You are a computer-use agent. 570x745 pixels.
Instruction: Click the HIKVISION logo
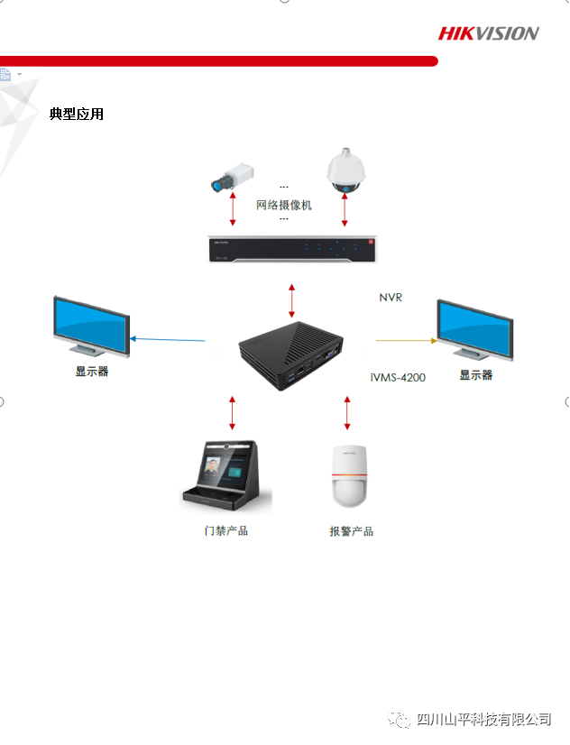(488, 33)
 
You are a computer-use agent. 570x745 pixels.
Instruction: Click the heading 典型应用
(77, 114)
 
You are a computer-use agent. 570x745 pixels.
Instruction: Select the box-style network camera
(233, 177)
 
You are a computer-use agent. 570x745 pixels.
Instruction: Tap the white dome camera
(345, 170)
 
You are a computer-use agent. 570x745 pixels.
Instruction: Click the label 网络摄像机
(284, 206)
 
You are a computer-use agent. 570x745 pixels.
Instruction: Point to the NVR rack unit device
(292, 249)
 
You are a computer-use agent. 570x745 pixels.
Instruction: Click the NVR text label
(391, 298)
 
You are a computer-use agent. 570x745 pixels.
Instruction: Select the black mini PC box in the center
(290, 355)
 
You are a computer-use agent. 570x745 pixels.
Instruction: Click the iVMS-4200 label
(398, 378)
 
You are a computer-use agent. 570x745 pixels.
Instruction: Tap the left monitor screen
(91, 326)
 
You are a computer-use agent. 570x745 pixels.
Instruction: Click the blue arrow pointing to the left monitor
(167, 340)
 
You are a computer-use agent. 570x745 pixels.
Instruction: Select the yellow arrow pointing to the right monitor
(407, 341)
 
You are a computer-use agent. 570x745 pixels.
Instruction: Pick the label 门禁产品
(226, 530)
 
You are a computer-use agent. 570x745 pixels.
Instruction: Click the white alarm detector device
(349, 476)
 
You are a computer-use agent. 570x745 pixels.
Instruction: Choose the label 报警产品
(352, 531)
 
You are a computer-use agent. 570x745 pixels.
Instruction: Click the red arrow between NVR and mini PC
(291, 300)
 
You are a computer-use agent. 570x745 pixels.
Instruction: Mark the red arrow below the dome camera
(345, 209)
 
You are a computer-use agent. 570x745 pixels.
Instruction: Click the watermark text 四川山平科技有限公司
(484, 720)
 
